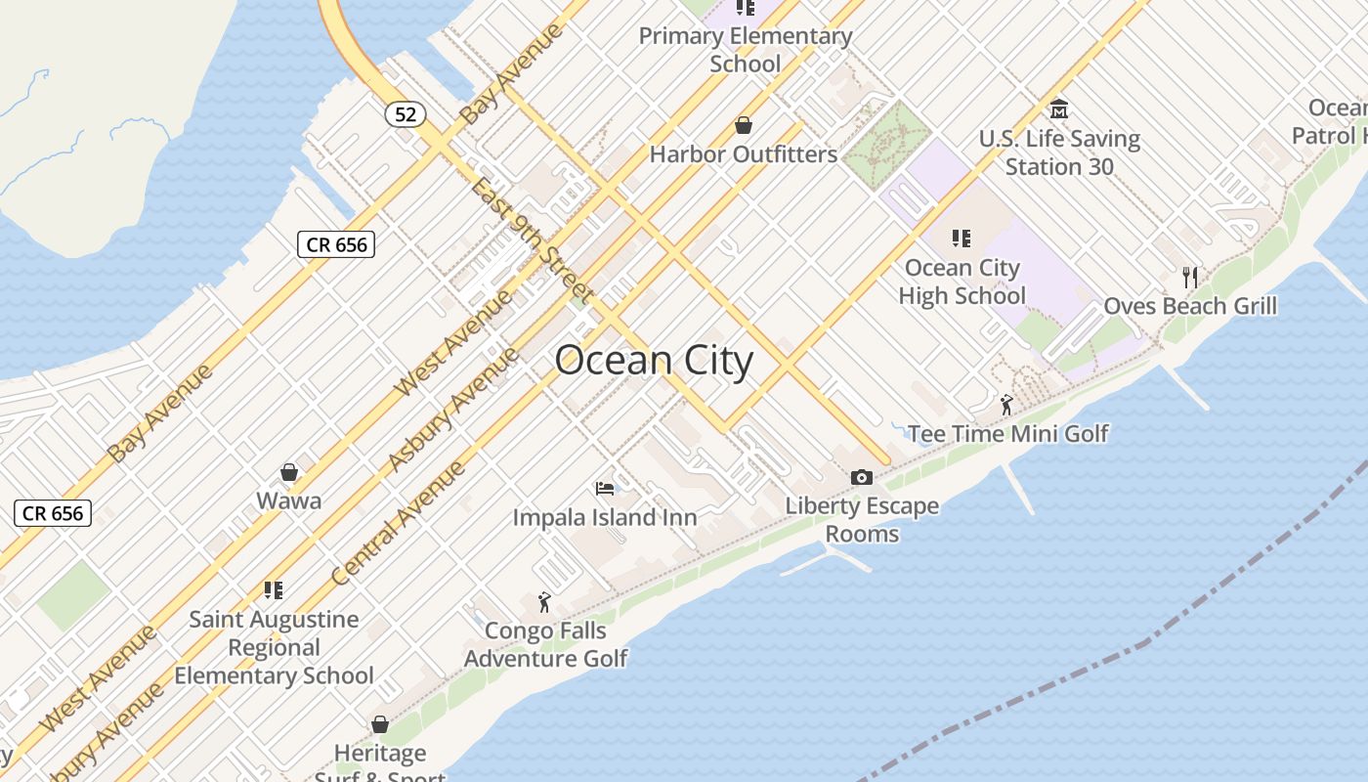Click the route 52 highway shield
[x=406, y=114]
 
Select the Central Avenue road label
[x=398, y=524]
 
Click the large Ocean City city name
[x=654, y=361]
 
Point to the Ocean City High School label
[x=962, y=282]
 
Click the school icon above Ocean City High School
[x=962, y=238]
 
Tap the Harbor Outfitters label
[x=743, y=154]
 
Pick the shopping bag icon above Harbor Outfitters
[x=744, y=125]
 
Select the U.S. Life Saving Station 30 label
[x=1059, y=152]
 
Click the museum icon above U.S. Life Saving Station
[x=1058, y=109]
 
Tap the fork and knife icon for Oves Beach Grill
[x=1190, y=277]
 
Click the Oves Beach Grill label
[x=1190, y=306]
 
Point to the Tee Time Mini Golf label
[x=1007, y=433]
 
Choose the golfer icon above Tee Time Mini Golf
[x=1006, y=404]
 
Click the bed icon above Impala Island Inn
[x=605, y=488]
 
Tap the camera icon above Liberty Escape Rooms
[x=861, y=477]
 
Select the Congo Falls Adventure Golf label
[x=545, y=645]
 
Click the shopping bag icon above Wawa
[x=289, y=473]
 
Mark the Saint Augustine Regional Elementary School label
[x=274, y=647]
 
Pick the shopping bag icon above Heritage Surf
[x=380, y=724]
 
